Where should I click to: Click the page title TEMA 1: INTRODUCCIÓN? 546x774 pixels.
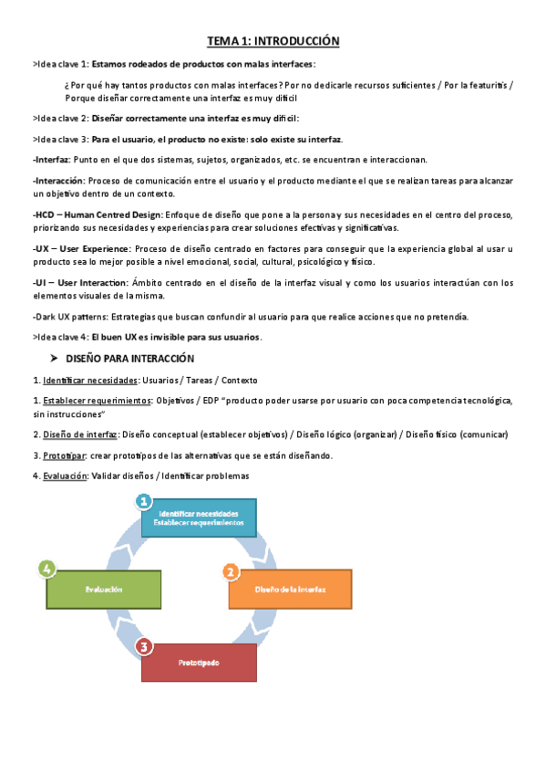coord(273,41)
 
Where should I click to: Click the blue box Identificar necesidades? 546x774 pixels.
coord(199,518)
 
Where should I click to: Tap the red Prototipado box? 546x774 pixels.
coord(199,663)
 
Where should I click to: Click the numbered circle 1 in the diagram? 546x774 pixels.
coord(142,501)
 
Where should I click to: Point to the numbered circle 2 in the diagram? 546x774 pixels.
coord(231,572)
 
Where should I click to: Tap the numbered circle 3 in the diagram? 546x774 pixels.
coord(144,647)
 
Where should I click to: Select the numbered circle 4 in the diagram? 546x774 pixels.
coord(47,570)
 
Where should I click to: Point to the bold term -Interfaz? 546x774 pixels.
coord(50,159)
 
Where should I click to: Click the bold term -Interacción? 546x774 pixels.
coord(57,181)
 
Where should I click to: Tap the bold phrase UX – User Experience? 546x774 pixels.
coord(80,248)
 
